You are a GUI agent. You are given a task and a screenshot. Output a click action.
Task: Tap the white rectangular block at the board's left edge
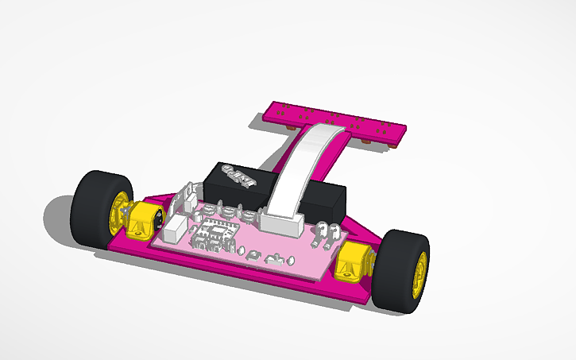(174, 230)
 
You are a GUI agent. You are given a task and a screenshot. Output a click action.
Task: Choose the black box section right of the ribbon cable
(326, 199)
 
